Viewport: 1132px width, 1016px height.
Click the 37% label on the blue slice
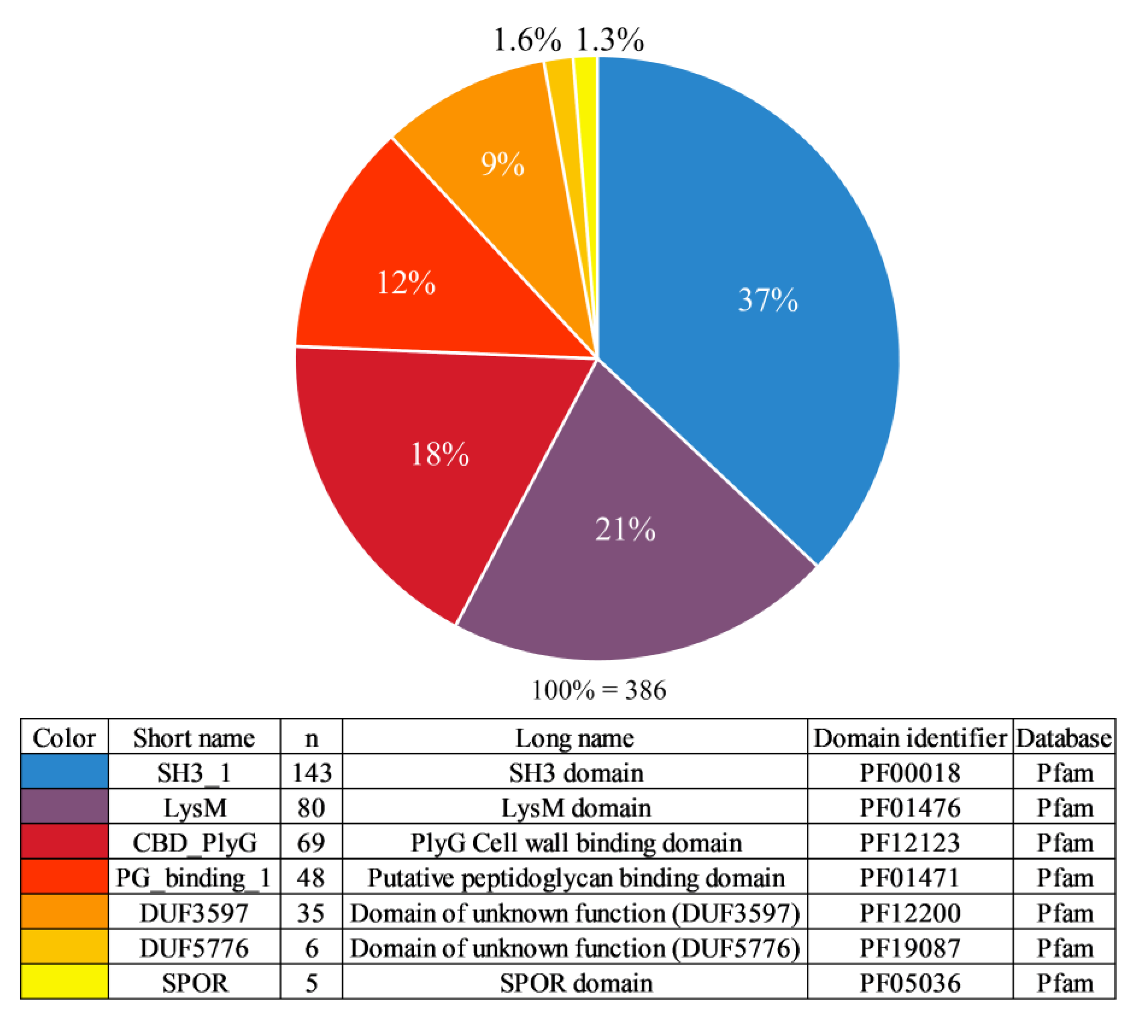768,300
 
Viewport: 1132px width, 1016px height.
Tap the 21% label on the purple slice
625,529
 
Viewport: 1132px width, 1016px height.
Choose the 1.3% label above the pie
610,40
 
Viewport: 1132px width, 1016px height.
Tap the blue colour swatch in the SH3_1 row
64,772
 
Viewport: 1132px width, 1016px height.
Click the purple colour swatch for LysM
64,807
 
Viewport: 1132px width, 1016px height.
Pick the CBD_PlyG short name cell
194,843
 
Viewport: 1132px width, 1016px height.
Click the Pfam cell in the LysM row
1064,808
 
